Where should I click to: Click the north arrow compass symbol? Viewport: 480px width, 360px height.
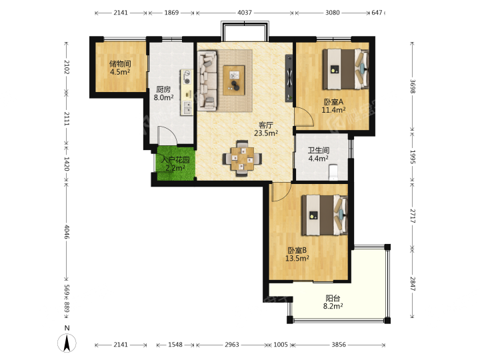coord(67,343)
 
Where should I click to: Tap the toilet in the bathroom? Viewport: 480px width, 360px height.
coord(333,172)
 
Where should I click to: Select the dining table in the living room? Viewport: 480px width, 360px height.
coord(242,159)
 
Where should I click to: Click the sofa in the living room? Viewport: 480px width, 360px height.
coord(207,81)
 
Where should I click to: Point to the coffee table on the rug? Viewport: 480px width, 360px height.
coord(234,80)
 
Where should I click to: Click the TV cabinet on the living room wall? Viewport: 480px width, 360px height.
coord(289,78)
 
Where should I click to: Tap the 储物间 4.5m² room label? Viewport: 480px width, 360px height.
coord(120,67)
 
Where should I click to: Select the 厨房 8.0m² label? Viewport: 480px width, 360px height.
coord(163,93)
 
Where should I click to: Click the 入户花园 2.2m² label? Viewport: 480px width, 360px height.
coord(175,164)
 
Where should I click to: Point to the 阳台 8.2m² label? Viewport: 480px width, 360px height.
coord(333,302)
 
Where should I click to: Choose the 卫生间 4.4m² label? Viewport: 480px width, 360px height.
coord(319,154)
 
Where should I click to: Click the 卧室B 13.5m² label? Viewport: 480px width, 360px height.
coord(297,254)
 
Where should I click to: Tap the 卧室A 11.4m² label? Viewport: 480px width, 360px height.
coord(333,105)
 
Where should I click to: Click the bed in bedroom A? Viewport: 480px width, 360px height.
coord(345,69)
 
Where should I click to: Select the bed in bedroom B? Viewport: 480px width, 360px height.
coord(325,215)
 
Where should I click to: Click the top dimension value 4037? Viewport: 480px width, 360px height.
coord(245,13)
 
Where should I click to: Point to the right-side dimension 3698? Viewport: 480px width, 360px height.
coord(413,86)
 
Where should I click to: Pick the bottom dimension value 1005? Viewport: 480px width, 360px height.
coord(281,345)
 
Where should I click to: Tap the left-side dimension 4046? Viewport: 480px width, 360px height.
coord(67,232)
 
